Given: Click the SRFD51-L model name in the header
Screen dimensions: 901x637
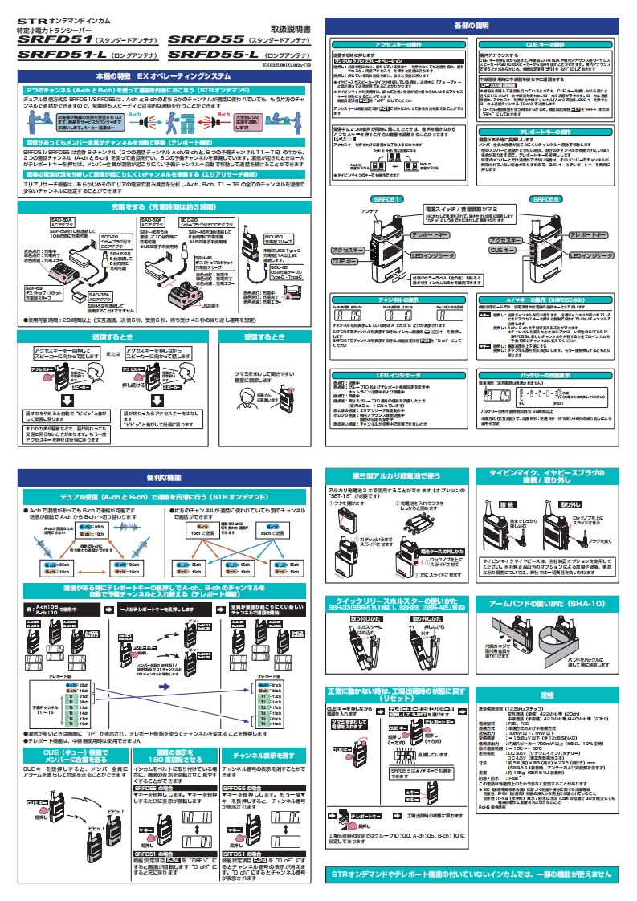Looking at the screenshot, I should click(61, 55).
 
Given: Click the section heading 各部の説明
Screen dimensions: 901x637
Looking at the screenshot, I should click(471, 26).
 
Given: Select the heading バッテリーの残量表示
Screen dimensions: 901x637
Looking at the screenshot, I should click(547, 374).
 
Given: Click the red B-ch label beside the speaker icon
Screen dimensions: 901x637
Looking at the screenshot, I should click(201, 115).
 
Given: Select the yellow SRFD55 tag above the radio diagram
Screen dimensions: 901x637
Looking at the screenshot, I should click(547, 198).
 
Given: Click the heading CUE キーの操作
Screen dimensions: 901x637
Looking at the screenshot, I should click(546, 47).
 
